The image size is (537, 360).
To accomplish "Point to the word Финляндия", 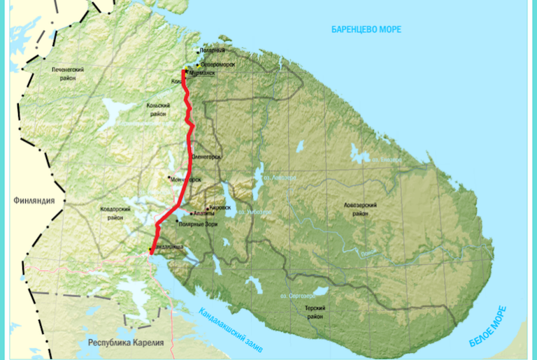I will [34, 201].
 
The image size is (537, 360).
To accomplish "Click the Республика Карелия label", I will [126, 343].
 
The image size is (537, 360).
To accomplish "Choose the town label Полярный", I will [212, 51].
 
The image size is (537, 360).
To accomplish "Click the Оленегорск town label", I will [206, 157].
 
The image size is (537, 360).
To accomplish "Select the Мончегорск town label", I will [185, 179].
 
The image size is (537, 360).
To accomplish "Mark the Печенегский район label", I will [68, 74].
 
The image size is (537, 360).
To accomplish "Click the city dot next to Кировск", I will [208, 208].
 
